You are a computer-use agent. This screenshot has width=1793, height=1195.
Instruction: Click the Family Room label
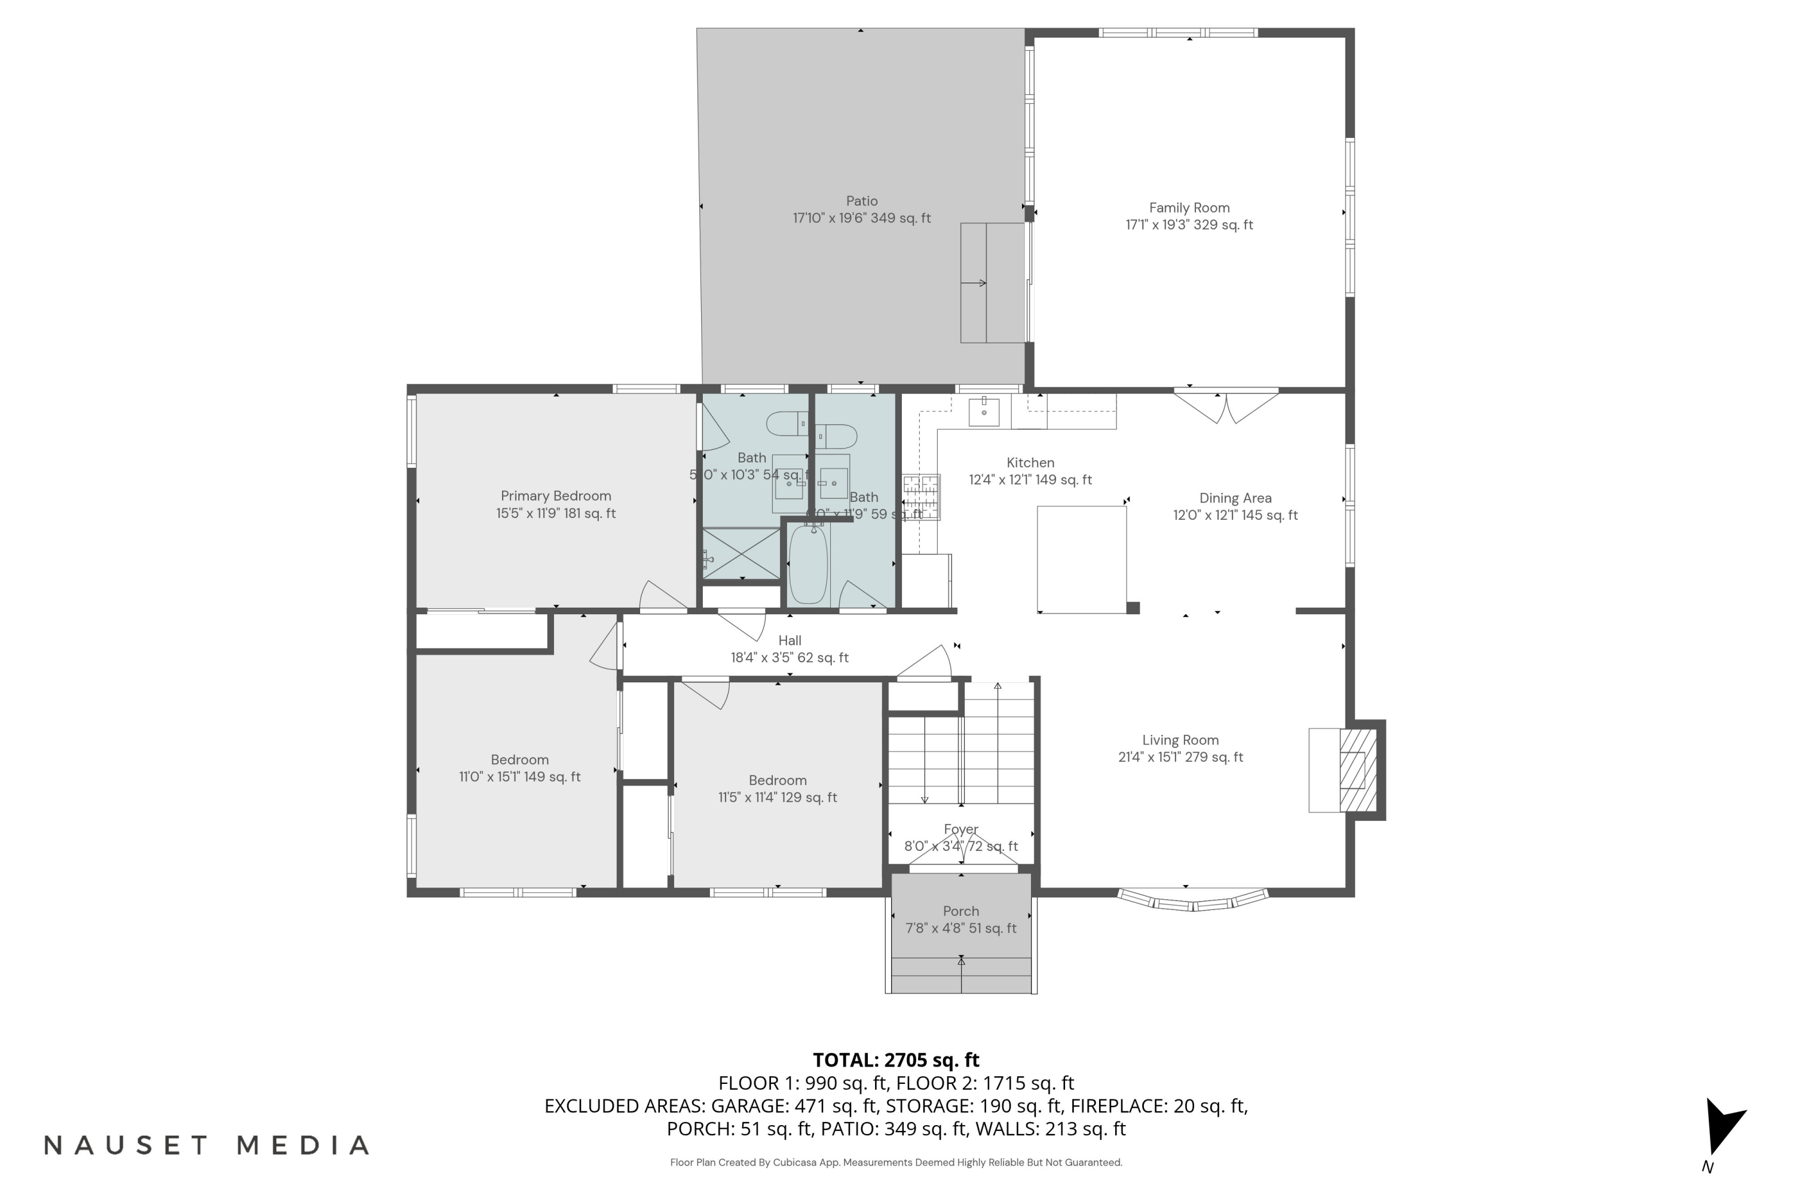point(1189,208)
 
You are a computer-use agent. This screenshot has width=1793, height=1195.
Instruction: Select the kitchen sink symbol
point(984,412)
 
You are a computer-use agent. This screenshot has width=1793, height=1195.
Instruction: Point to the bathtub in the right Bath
point(807,565)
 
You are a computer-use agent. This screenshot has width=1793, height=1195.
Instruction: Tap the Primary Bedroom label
point(556,496)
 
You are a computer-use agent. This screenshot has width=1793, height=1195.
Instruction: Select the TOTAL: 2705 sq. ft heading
point(896,1060)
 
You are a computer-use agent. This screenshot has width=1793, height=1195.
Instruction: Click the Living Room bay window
point(1193,901)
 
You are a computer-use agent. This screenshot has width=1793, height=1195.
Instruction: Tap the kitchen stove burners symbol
point(921,496)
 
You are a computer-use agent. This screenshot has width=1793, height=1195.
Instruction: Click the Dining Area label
point(1235,498)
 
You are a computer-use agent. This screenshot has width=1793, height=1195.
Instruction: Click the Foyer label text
point(960,829)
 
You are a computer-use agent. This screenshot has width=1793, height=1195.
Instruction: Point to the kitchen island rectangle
point(1081,559)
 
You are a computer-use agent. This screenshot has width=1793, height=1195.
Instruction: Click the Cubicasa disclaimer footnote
point(896,1162)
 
